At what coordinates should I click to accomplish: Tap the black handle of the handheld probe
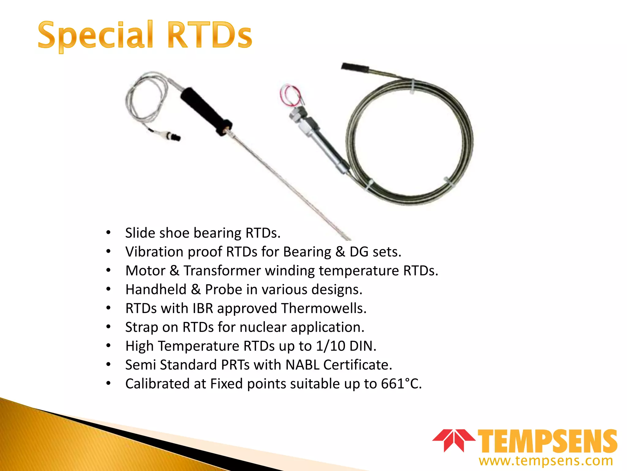pyautogui.click(x=205, y=110)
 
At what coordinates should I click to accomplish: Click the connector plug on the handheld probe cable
pyautogui.click(x=170, y=136)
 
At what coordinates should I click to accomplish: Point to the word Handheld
pyautogui.click(x=156, y=290)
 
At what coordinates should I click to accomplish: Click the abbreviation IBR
pyautogui.click(x=203, y=308)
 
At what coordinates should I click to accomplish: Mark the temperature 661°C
pyautogui.click(x=401, y=384)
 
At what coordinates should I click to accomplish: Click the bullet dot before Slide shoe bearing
pyautogui.click(x=108, y=233)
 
